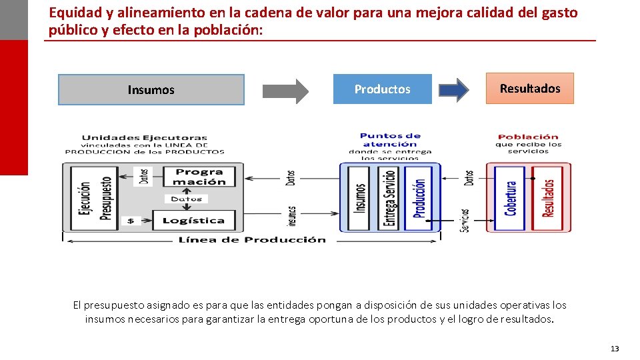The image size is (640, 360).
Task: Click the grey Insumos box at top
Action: [x=151, y=89]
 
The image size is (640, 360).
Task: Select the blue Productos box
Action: [x=382, y=89]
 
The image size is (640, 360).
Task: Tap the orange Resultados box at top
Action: [x=530, y=88]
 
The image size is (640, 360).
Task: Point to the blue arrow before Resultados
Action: [x=454, y=89]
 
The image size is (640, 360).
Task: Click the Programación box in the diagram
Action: [x=200, y=177]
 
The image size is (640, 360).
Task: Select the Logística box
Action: [x=193, y=221]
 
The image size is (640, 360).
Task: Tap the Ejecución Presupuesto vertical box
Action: [x=95, y=198]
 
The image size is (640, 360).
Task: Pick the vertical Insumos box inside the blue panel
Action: [x=359, y=198]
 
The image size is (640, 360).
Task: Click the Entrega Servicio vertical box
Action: [x=389, y=198]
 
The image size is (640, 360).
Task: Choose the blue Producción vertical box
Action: [x=419, y=198]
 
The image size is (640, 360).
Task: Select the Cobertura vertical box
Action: [x=511, y=198]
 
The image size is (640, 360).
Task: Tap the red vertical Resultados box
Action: [x=548, y=198]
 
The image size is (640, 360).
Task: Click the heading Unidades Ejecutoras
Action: [x=145, y=138]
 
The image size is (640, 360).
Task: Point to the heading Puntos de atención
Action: [x=391, y=140]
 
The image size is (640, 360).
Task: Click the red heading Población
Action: [x=528, y=137]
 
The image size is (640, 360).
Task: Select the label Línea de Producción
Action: [x=252, y=239]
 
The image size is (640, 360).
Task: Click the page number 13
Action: [x=615, y=349]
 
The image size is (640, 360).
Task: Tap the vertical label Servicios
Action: [x=465, y=220]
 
